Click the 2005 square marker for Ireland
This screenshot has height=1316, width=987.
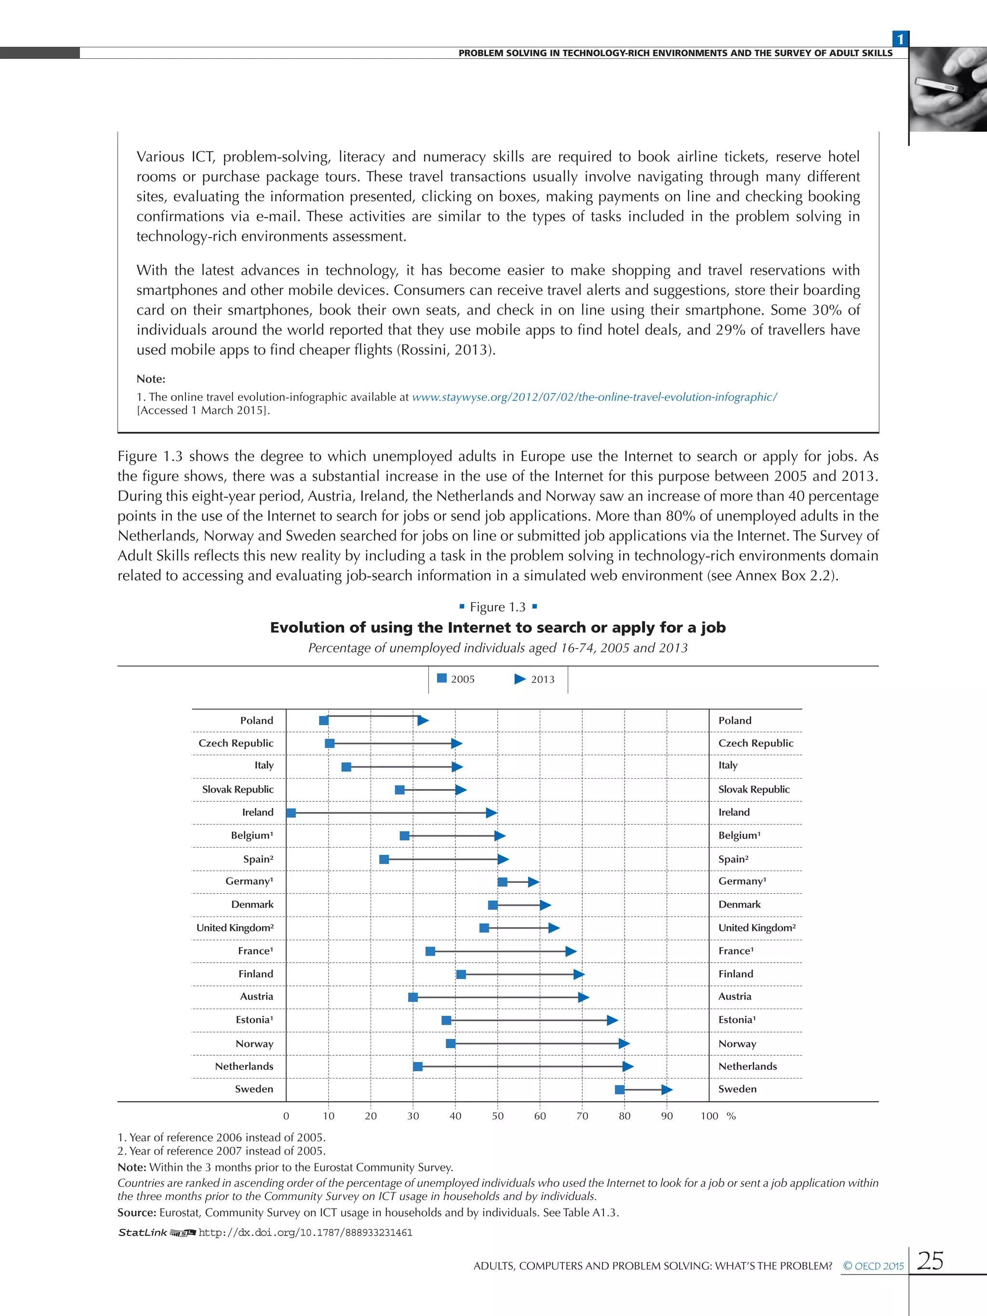[291, 813]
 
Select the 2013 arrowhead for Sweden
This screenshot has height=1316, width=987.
[667, 1090]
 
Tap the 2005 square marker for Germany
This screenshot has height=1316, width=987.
[503, 882]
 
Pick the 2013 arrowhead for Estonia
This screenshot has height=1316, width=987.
[612, 1020]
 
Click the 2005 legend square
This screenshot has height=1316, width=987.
[442, 678]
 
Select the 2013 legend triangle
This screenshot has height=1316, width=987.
[520, 679]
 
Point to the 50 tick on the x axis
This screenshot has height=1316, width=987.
[497, 1116]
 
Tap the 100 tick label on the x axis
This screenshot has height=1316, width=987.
[709, 1116]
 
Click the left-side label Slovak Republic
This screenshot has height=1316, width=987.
[238, 789]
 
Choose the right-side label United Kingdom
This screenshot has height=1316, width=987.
[757, 928]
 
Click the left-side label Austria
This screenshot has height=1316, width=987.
[256, 996]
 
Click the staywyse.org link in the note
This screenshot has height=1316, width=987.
[594, 397]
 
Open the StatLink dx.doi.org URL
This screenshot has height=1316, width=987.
[305, 1232]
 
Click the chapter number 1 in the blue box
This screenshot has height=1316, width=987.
[900, 39]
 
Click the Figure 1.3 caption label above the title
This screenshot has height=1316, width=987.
[497, 607]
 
